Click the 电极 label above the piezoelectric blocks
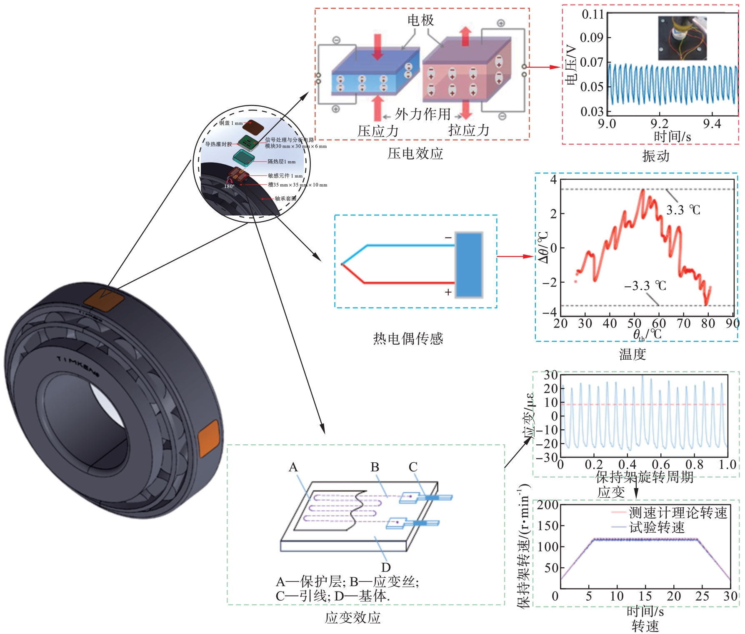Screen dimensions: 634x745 (x=420, y=20)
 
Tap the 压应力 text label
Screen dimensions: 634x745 (x=378, y=131)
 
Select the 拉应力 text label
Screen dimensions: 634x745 (x=468, y=130)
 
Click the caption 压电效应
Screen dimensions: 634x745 (x=415, y=153)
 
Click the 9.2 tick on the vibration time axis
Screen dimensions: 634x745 (x=659, y=123)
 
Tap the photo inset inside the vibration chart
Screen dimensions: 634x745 (x=682, y=38)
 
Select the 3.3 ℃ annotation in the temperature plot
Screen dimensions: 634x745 (x=683, y=210)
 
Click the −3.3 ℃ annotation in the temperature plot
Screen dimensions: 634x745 (x=645, y=286)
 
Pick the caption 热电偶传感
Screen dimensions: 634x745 (x=408, y=338)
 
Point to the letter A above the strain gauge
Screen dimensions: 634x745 (x=293, y=467)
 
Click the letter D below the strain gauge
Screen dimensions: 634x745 (x=386, y=567)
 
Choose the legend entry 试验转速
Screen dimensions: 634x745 (x=657, y=527)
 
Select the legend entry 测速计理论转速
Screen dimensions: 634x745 (x=677, y=512)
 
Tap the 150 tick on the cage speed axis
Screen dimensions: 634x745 (x=548, y=526)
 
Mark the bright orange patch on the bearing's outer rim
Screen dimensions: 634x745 (x=208, y=439)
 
